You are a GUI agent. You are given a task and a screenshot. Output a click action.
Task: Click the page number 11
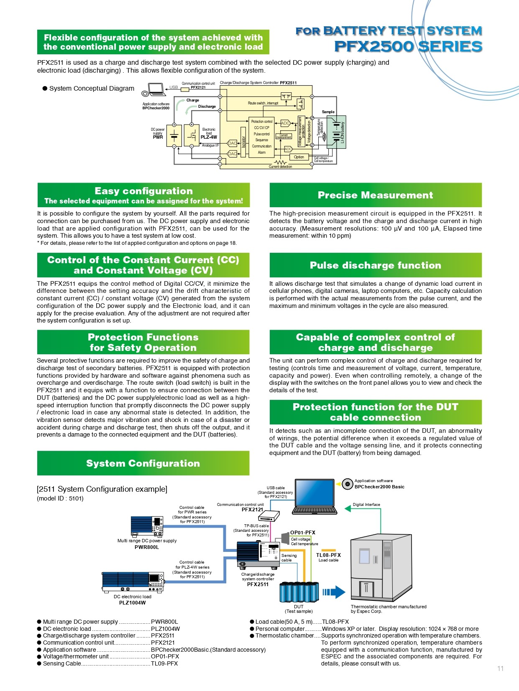tap(500, 668)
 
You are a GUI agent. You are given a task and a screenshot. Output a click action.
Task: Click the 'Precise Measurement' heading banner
tap(375, 195)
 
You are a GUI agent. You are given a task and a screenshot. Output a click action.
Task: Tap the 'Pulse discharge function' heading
tap(375, 265)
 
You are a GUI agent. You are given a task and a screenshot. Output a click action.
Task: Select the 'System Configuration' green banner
tap(143, 463)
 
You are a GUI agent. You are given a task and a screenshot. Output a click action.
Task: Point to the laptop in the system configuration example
tap(315, 497)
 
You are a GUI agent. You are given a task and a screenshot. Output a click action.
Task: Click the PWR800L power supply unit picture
tap(147, 526)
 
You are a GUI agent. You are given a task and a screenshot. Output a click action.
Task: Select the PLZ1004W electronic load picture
tap(133, 582)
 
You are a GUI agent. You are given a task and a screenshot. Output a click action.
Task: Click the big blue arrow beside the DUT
tap(335, 592)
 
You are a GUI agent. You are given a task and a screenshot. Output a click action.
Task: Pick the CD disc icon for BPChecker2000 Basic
tap(347, 484)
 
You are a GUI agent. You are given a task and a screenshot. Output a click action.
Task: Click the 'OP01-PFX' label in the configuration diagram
tap(303, 533)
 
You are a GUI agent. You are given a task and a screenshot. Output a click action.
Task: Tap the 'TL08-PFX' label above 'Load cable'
tap(328, 555)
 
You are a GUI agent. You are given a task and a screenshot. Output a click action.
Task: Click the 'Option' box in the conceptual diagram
tap(299, 157)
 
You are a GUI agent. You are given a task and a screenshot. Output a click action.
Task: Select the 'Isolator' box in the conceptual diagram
tap(243, 142)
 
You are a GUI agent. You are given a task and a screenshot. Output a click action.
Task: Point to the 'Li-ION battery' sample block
tap(337, 132)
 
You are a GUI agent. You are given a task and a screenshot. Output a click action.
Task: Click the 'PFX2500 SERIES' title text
tap(408, 46)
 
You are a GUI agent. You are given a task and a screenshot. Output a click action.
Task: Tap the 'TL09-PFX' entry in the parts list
tap(164, 663)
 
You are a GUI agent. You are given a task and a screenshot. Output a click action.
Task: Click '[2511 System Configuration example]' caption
tap(102, 489)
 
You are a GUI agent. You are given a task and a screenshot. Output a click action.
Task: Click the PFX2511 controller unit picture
tap(258, 555)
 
